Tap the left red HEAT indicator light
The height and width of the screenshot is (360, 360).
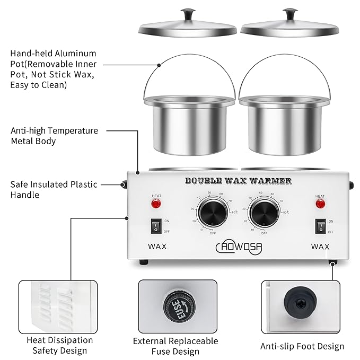pos(156,204)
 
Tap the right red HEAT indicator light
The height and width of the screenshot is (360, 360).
pos(320,204)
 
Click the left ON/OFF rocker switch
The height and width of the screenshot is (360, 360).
pos(156,227)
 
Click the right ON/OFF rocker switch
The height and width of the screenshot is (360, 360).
pos(320,227)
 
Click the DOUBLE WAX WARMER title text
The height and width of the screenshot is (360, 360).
pos(238,181)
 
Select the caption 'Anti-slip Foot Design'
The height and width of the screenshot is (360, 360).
pos(302,346)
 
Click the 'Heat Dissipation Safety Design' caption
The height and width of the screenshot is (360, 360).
pos(60,345)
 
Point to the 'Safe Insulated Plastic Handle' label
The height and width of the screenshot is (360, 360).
pos(54,189)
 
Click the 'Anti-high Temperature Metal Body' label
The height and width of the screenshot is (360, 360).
pos(54,136)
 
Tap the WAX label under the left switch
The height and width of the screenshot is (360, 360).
pos(157,247)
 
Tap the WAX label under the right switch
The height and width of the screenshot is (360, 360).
pos(320,247)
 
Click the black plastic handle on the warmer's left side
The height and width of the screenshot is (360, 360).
pos(124,185)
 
